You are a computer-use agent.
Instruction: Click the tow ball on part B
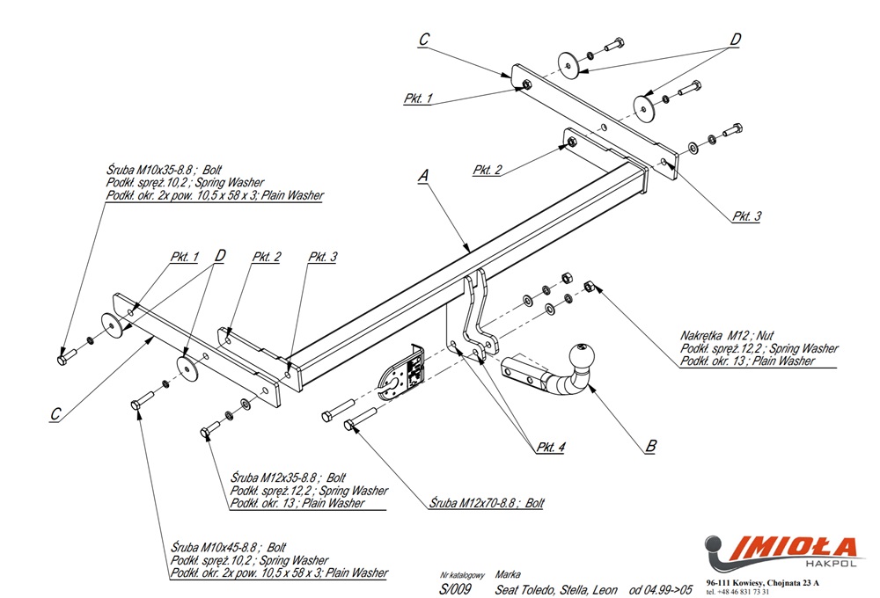pos(583,356)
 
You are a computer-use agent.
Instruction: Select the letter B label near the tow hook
pos(650,446)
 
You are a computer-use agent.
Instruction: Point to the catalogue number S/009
pos(455,588)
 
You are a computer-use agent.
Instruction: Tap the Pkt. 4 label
pos(551,447)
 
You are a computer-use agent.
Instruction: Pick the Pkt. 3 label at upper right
pos(745,216)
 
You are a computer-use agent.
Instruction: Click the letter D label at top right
pos(735,39)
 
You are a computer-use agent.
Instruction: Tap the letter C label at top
pos(423,39)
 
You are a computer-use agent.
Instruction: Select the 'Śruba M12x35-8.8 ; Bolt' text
pos(287,478)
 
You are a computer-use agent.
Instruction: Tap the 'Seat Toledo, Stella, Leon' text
pos(556,588)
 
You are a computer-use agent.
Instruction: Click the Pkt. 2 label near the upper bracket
pos(487,170)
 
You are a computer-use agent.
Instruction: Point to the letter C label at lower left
pos(55,413)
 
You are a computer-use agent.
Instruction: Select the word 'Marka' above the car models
pos(508,572)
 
